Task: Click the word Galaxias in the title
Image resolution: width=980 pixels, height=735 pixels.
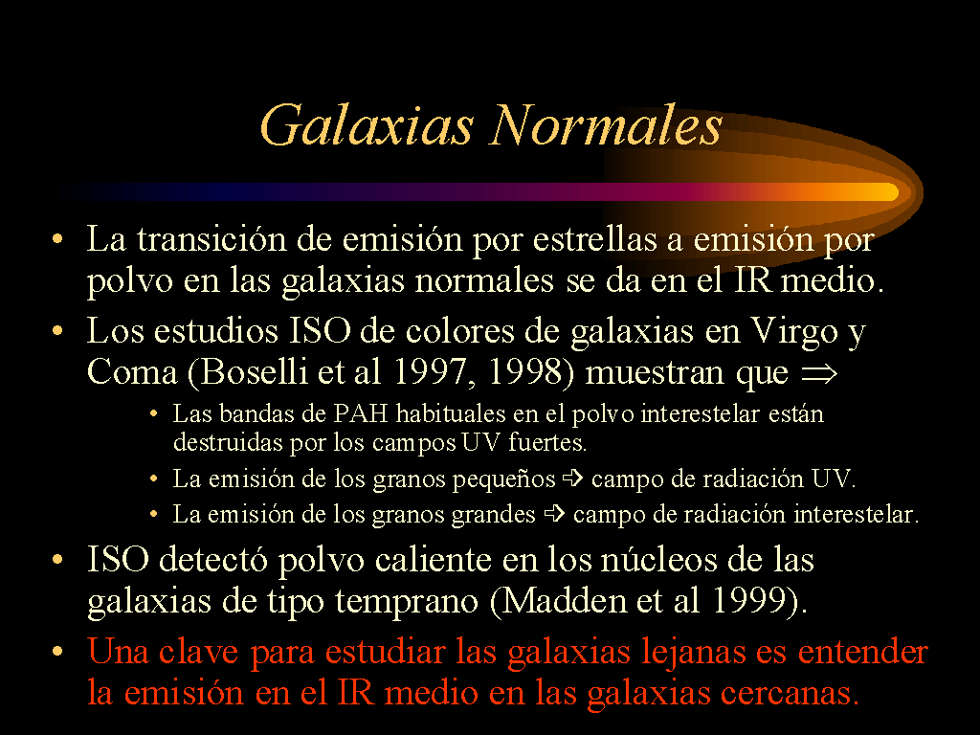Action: (367, 125)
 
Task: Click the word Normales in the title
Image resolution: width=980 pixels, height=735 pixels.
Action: (607, 125)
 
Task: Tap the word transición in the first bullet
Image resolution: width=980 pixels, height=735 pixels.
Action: (212, 238)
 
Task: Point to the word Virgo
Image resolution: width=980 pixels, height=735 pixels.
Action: (793, 333)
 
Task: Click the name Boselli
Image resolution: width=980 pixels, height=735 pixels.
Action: (255, 372)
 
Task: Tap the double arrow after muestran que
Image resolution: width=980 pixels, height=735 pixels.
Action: (819, 374)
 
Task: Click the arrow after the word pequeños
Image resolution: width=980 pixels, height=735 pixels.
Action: (573, 479)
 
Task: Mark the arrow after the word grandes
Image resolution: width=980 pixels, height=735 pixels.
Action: (554, 514)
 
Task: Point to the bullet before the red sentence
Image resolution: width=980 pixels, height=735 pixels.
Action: (57, 652)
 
